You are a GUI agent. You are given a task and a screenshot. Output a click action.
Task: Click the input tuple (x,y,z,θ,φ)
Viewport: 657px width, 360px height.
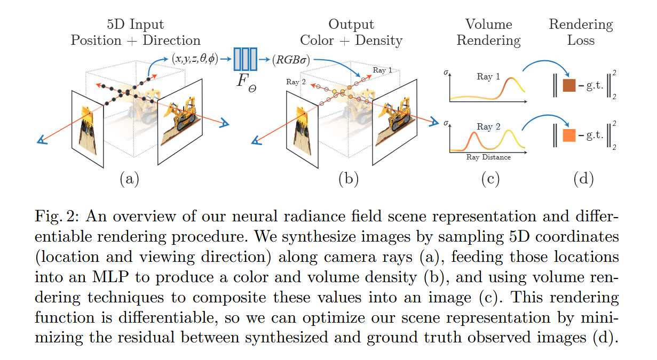pos(195,59)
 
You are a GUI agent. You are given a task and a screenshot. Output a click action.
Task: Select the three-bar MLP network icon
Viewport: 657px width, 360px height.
pos(246,59)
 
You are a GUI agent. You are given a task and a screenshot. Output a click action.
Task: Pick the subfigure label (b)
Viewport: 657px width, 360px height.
pos(349,179)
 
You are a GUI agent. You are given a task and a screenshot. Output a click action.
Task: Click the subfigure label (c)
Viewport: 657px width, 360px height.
pos(489,179)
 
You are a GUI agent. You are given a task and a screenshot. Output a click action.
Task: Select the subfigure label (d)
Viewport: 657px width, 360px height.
pos(583,179)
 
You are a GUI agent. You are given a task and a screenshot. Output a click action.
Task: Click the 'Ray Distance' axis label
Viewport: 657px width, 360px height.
pos(488,157)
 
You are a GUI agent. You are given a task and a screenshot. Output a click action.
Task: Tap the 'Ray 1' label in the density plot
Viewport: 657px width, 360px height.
pos(488,77)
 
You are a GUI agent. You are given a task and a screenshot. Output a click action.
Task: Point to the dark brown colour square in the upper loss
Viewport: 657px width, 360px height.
pos(569,85)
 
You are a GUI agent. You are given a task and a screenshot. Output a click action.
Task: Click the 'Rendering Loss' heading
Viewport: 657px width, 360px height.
pos(581,33)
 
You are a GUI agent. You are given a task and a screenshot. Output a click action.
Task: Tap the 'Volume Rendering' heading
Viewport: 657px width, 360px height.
pos(489,33)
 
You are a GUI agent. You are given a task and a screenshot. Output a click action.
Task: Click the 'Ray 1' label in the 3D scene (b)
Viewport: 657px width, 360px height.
pos(382,70)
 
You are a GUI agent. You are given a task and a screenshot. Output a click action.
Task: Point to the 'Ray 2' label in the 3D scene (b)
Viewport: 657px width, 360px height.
pos(296,82)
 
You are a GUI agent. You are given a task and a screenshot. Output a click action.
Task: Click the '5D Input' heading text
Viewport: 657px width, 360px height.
pos(136,25)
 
